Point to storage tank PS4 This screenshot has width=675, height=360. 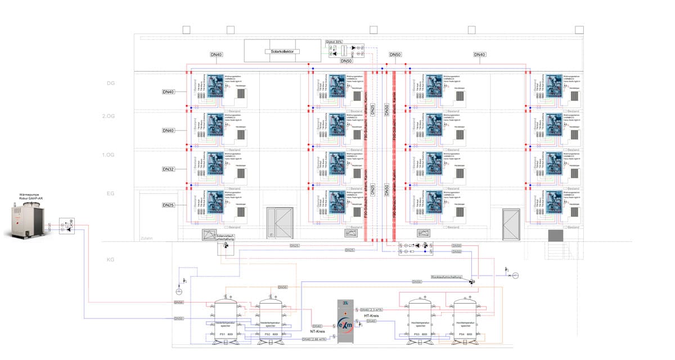(465, 318)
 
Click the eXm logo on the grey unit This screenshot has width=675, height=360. (346, 325)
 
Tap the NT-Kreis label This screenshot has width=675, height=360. (319, 332)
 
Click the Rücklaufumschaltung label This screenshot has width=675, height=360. (446, 277)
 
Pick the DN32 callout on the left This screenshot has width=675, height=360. (168, 169)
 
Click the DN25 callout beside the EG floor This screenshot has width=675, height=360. (168, 205)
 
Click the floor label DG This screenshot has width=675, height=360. (111, 83)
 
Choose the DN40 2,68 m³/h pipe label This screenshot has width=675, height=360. (314, 339)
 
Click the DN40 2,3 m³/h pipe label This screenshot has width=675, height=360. (372, 310)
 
